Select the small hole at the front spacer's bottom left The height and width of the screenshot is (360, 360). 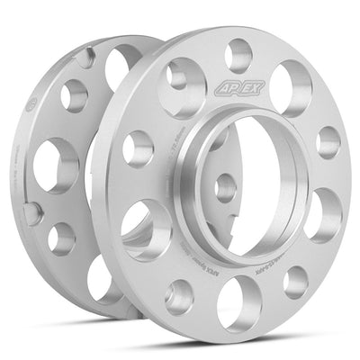point(180,295)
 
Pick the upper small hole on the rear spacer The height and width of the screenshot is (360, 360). point(74,94)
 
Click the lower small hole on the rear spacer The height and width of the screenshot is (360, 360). point(61,238)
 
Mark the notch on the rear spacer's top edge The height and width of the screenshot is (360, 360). point(85,57)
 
